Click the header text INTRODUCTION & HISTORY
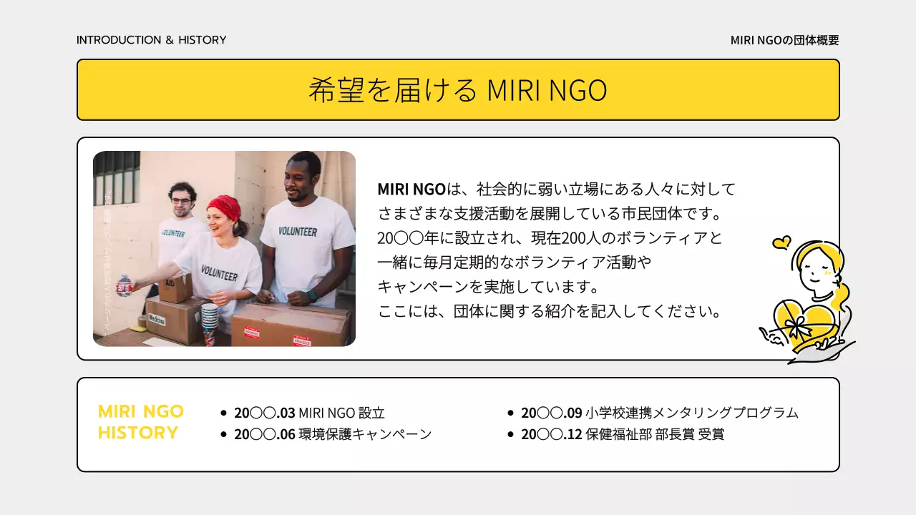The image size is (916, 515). [151, 40]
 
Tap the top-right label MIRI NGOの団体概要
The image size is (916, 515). [784, 41]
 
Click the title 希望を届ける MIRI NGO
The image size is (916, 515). [458, 90]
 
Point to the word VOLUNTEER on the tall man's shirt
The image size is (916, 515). [298, 231]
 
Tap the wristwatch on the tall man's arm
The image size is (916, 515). [312, 295]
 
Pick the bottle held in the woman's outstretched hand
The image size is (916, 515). [125, 284]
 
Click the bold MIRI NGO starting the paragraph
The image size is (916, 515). [411, 190]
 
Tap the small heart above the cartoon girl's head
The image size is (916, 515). [781, 243]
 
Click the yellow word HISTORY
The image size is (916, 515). [138, 433]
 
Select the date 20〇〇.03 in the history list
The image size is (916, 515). [265, 413]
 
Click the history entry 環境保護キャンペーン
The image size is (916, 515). [365, 434]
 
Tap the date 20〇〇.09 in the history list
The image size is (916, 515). [552, 413]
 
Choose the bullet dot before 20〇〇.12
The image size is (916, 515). [510, 435]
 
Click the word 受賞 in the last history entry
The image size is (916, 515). [711, 434]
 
